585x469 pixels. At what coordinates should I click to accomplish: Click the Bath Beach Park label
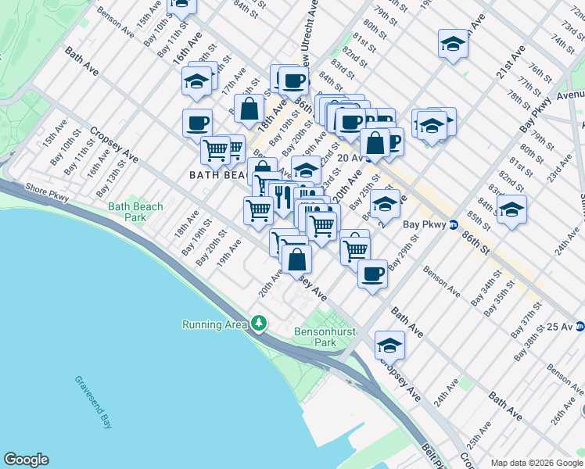click(136, 213)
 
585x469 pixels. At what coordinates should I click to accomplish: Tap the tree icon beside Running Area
click(259, 324)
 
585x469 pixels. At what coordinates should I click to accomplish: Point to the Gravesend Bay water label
click(93, 403)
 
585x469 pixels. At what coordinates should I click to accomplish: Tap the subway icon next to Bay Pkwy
click(453, 225)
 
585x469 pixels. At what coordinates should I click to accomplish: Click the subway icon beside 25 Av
click(580, 326)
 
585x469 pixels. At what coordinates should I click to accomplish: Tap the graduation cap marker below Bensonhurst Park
click(389, 344)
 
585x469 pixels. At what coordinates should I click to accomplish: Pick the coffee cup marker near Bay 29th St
click(372, 274)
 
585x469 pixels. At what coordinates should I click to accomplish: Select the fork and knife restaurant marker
click(282, 194)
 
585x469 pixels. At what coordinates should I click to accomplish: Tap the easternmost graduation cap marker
click(511, 209)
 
